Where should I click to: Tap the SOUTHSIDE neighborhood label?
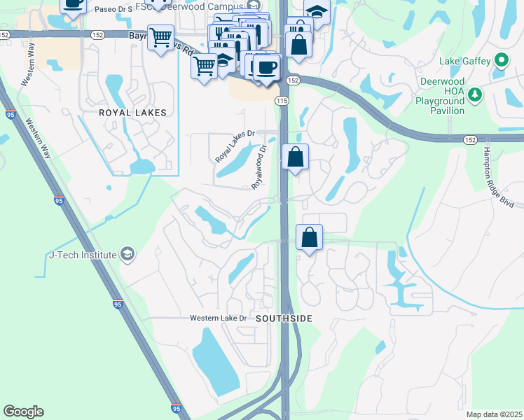284,318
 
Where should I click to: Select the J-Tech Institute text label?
82,255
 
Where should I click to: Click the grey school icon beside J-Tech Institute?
127,253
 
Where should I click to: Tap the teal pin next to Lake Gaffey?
501,61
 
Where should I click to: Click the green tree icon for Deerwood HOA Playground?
475,94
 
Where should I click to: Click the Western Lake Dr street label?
219,318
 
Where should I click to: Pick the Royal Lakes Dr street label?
236,145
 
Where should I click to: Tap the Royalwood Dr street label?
260,167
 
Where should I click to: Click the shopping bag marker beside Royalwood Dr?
296,157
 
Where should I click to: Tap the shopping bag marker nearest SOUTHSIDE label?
309,238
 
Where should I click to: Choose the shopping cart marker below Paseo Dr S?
161,38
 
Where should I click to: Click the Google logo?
24,412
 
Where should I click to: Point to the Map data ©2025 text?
493,414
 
